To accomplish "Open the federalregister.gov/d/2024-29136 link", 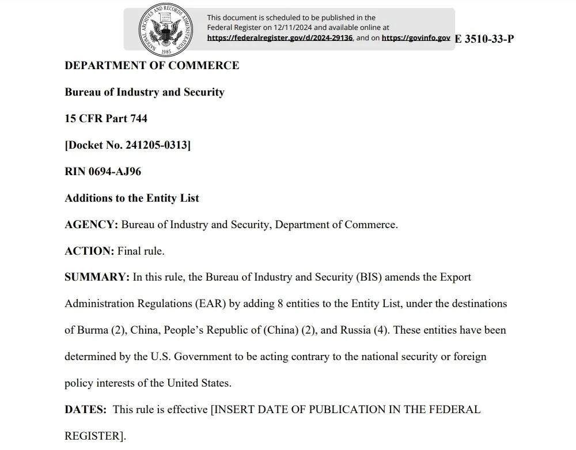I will coord(280,38).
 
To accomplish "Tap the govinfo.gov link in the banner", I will coord(416,38).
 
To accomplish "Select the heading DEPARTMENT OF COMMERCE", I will coord(152,66).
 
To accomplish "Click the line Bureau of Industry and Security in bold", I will coord(145,92).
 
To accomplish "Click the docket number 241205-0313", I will coord(156,145).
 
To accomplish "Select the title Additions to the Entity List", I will coord(132,198).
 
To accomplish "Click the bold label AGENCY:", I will coord(92,225).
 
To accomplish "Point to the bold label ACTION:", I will coord(89,251).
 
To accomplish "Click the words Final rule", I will coord(141,251).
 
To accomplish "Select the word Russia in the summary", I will coord(355,330).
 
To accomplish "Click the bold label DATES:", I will coord(86,410).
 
